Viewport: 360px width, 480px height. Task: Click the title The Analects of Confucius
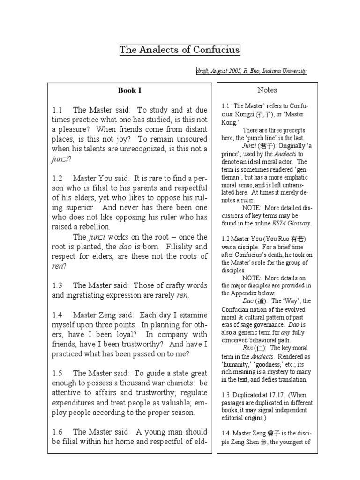coord(180,50)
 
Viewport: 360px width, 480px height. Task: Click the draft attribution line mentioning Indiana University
coord(252,71)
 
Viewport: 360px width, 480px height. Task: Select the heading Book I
coord(129,90)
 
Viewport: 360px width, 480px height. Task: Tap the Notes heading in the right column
coord(267,90)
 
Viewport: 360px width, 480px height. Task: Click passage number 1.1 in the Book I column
coord(58,110)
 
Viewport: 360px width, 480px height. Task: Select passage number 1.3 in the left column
coord(58,285)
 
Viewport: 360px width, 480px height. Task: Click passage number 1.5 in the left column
coord(58,373)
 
